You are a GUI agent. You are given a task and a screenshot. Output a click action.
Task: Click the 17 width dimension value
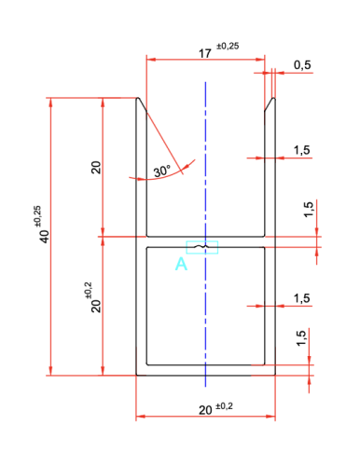tap(205, 53)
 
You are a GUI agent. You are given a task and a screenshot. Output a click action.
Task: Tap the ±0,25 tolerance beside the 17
tap(228, 46)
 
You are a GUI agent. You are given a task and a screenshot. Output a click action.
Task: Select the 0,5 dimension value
tap(302, 65)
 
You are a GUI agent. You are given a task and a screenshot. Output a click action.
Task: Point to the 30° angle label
tap(162, 171)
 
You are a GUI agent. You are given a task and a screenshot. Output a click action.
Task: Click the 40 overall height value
tap(45, 237)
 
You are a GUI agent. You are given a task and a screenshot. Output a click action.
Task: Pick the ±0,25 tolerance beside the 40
tap(37, 215)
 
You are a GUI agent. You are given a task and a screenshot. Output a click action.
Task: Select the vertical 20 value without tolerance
tap(96, 167)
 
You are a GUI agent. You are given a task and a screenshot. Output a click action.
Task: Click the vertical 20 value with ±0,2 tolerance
tap(96, 306)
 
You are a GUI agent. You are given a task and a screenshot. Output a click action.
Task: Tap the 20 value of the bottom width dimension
tap(205, 410)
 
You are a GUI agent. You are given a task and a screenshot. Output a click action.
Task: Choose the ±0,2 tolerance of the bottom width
tap(224, 406)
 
